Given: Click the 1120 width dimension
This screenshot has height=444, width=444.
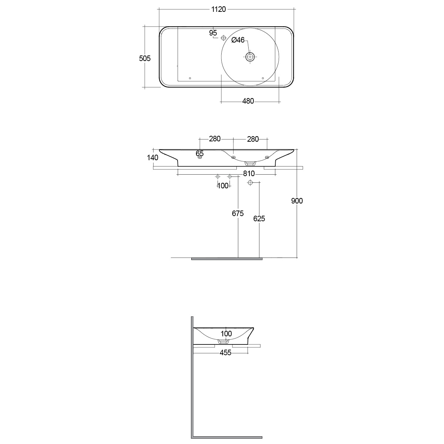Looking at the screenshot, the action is (x=218, y=10).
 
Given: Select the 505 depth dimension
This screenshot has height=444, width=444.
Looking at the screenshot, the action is (x=145, y=58).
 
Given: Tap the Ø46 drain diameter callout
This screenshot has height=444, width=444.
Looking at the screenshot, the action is (x=238, y=40).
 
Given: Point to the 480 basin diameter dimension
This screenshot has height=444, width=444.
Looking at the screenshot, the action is (x=248, y=101).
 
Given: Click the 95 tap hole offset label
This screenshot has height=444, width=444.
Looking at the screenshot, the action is (x=213, y=33).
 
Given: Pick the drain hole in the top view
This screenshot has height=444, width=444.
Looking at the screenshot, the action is (x=250, y=57).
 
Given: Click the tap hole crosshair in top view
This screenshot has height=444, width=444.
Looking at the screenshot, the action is (x=223, y=38).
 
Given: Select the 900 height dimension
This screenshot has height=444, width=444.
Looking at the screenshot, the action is (x=297, y=201).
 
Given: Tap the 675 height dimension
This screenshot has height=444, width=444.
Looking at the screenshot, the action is (x=238, y=213).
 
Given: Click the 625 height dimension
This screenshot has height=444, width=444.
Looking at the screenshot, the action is (x=259, y=219).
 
